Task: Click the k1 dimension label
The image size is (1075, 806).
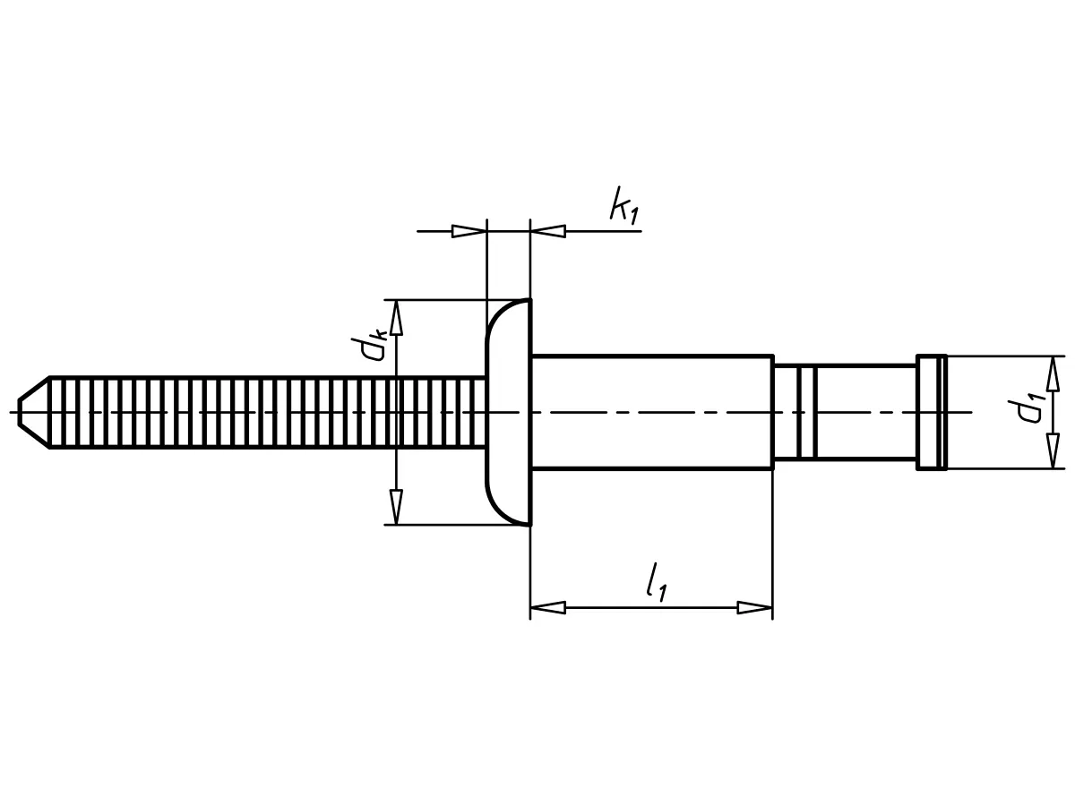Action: tap(624, 207)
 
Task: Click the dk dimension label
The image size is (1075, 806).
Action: tap(371, 344)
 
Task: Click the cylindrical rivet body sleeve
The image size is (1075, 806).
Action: tap(651, 412)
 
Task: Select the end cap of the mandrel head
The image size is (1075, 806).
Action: tap(931, 412)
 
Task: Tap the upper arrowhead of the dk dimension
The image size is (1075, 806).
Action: tap(396, 317)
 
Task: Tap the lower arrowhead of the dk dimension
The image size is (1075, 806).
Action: tap(396, 507)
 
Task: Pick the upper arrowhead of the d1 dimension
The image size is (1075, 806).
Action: tap(1053, 373)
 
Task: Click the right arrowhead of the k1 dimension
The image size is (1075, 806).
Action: tap(548, 231)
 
